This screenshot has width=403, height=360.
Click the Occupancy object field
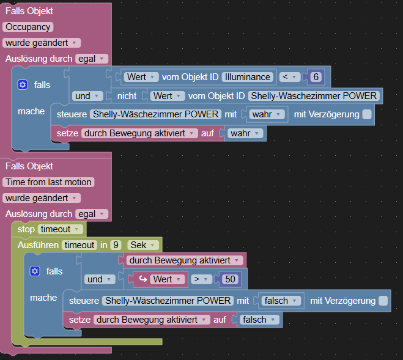[28, 27]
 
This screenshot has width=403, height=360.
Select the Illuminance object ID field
[248, 77]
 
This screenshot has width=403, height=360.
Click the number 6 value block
[316, 77]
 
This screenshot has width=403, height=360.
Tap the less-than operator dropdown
[289, 77]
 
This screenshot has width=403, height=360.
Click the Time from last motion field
[48, 182]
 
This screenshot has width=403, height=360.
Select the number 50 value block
[230, 279]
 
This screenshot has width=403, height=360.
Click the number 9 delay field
[115, 245]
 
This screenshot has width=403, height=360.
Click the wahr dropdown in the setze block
[245, 133]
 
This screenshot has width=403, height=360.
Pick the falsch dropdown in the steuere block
[282, 301]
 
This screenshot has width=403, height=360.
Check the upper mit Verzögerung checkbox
[383, 114]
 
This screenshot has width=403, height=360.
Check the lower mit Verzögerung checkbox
[383, 301]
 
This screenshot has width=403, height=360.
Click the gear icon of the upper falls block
[23, 85]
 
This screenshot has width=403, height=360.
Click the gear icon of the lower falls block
[35, 271]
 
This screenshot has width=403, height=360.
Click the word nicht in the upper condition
[127, 96]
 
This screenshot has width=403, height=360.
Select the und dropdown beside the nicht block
[86, 96]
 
